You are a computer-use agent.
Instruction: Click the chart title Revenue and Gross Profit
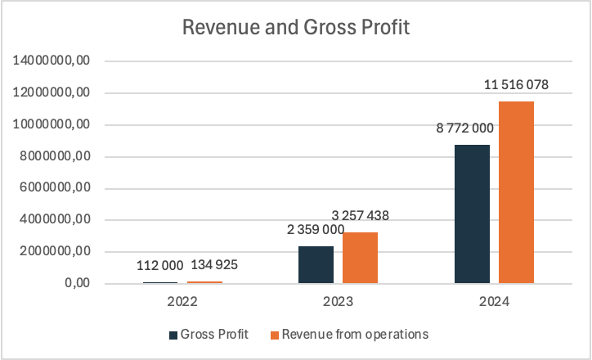(295, 27)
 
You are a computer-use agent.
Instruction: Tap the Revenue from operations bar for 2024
(516, 192)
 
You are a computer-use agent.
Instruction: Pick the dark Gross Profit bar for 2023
(316, 265)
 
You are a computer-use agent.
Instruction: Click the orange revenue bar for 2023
(360, 258)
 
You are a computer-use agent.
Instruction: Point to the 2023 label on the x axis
(338, 301)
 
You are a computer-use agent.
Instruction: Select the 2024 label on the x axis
(495, 301)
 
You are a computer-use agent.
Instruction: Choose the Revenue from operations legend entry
(349, 334)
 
